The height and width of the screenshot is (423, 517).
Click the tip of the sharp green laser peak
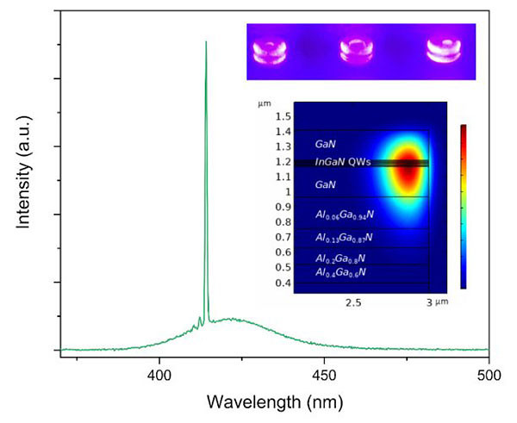pos(205,41)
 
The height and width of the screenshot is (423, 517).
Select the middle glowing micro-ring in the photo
pos(358,53)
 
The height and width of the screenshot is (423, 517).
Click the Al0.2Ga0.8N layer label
pos(341,257)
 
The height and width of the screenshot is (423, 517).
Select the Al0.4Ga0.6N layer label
pos(341,273)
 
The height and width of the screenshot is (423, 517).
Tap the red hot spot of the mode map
pos(405,168)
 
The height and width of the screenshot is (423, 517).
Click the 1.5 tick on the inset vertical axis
pos(282,116)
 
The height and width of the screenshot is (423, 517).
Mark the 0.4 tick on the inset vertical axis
pos(282,283)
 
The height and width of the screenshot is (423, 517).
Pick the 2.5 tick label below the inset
pos(352,302)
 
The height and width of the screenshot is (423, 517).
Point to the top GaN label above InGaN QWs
pos(326,146)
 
